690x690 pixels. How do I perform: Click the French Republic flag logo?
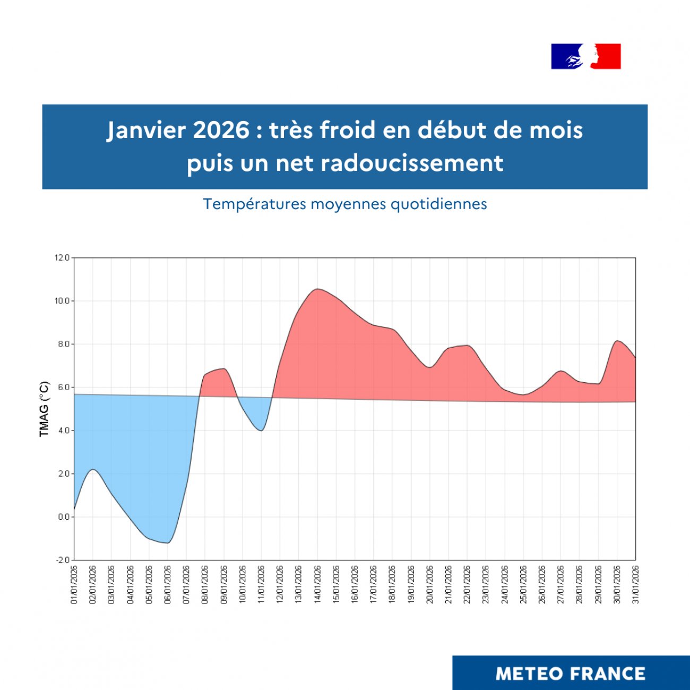tap(586, 56)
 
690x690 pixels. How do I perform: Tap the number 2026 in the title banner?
tap(221, 130)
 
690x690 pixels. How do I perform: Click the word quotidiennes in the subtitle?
tap(438, 204)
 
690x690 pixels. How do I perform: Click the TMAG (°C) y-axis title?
tap(44, 409)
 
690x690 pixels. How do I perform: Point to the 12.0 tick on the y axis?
tap(62, 258)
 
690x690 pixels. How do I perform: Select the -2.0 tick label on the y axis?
tap(62, 560)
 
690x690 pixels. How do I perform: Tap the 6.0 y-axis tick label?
tap(63, 387)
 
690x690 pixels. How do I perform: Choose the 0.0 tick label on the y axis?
tap(63, 517)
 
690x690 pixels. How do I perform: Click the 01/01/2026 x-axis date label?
tap(74, 584)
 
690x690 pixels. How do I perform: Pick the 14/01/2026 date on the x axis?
tap(317, 584)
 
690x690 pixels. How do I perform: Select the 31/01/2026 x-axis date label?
tap(635, 584)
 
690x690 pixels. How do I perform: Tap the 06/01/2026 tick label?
tap(168, 584)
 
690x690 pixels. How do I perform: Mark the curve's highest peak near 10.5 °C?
tap(317, 289)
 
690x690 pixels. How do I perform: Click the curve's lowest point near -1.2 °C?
tap(167, 543)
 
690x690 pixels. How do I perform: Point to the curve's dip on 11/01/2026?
tap(261, 430)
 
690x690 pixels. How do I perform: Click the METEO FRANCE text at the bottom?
tap(571, 674)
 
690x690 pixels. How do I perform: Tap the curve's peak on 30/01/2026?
tap(617, 341)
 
